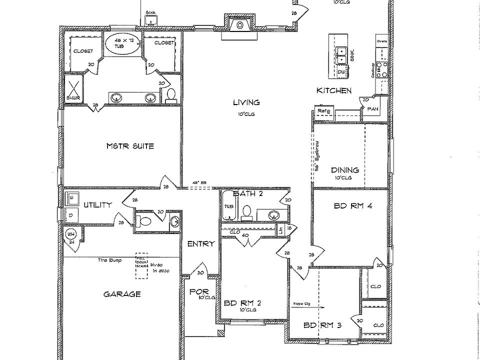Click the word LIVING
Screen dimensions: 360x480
(246, 102)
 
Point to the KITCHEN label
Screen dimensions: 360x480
(333, 90)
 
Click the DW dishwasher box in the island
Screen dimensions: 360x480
(341, 73)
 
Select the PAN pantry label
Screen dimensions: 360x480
(372, 108)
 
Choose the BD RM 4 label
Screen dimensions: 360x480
(352, 205)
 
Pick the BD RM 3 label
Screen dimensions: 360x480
(322, 325)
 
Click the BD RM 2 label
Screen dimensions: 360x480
(242, 302)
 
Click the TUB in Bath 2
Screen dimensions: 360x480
(228, 207)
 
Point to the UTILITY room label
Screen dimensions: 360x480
(97, 204)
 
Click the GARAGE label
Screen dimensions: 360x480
(121, 294)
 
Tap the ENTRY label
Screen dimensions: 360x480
(201, 243)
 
